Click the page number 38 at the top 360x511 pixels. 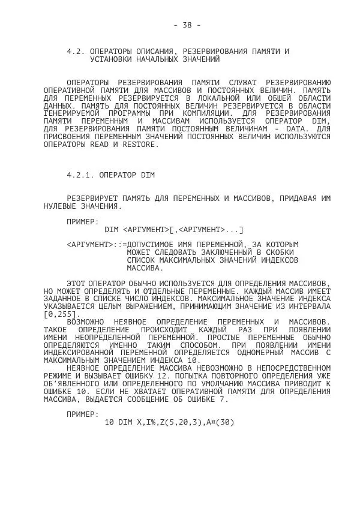pyautogui.click(x=187, y=25)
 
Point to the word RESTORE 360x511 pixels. pyautogui.click(x=139, y=144)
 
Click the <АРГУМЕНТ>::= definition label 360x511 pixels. pyautogui.click(x=97, y=245)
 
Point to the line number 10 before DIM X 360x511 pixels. pyautogui.click(x=109, y=422)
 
